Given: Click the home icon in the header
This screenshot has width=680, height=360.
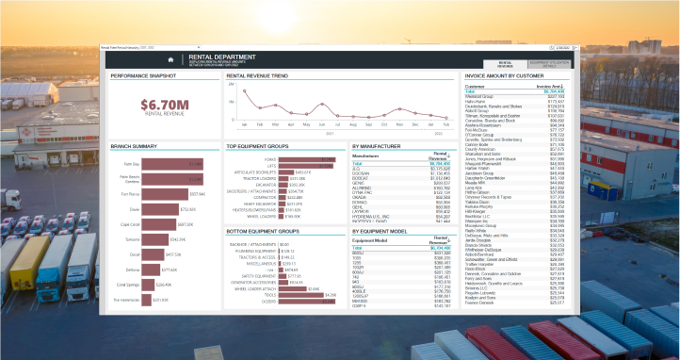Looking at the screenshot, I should pyautogui.click(x=170, y=59).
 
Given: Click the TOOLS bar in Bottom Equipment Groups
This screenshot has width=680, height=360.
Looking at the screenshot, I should pyautogui.click(x=295, y=294).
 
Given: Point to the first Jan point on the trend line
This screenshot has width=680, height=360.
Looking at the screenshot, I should pyautogui.click(x=245, y=91).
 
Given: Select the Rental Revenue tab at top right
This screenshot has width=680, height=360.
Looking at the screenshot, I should pyautogui.click(x=505, y=65).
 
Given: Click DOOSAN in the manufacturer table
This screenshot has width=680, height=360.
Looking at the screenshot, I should pyautogui.click(x=362, y=173).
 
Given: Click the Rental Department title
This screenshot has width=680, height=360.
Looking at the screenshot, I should pyautogui.click(x=216, y=56).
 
